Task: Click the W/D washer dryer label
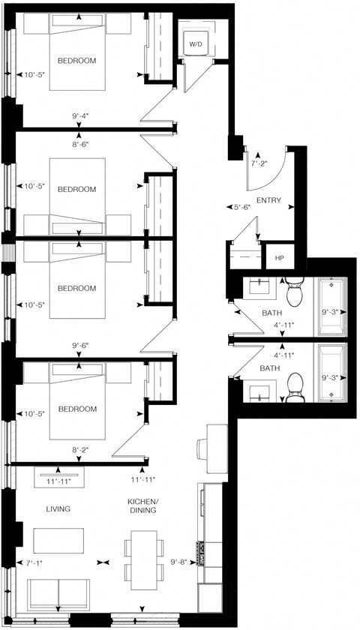(195, 45)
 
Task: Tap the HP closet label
(280, 257)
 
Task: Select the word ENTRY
(268, 201)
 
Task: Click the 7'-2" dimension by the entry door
(259, 162)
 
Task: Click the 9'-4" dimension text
(81, 116)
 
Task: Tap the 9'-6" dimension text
(81, 346)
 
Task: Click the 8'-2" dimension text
(81, 450)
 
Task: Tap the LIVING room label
(58, 509)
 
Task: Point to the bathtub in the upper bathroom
(331, 307)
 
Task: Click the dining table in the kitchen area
(142, 556)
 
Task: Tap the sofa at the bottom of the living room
(58, 595)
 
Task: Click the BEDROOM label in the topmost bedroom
(76, 61)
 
